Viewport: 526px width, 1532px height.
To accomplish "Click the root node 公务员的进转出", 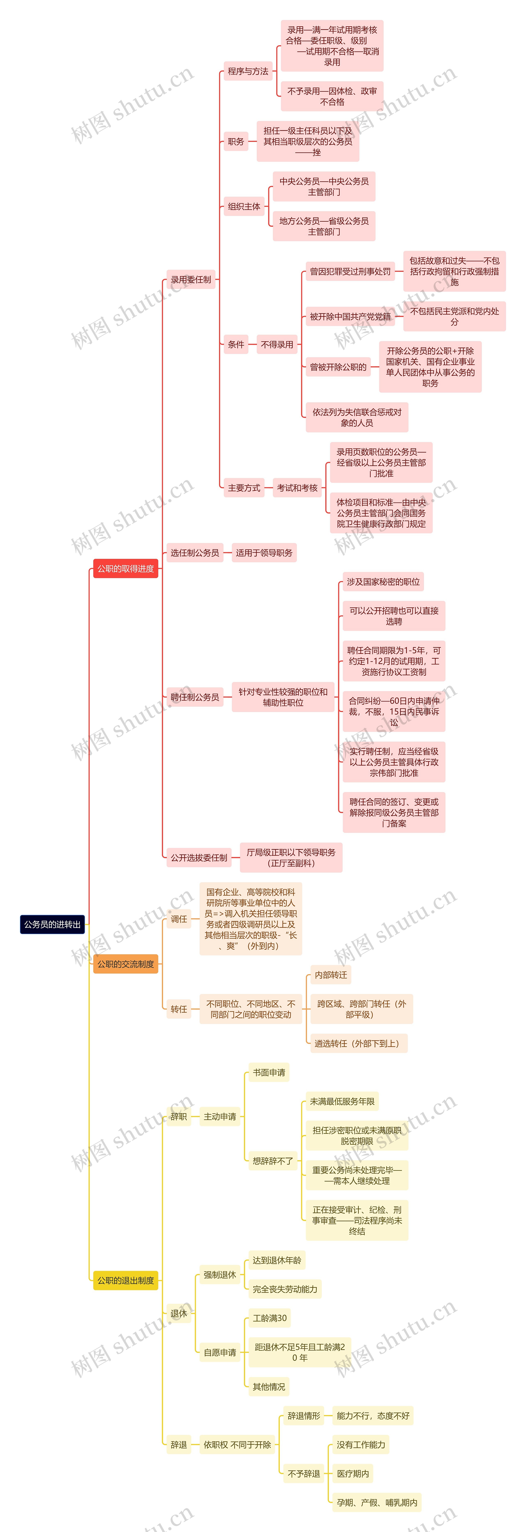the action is tap(52, 924).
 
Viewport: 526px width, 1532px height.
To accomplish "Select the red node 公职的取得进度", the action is tap(125, 569).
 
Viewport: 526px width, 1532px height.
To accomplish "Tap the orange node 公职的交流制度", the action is tap(125, 964).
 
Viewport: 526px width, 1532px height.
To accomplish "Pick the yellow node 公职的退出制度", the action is tap(125, 1280).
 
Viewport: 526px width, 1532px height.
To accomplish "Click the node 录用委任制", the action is tap(191, 279).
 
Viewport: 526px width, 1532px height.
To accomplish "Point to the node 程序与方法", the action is tap(248, 71).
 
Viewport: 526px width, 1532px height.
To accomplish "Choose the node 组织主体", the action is tap(244, 206).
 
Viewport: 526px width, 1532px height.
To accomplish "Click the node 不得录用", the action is tap(277, 344).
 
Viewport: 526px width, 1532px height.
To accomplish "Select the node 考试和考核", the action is tap(297, 488).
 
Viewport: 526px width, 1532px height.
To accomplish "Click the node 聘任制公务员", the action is tap(194, 697).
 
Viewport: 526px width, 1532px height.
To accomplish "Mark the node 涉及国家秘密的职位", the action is tap(383, 582).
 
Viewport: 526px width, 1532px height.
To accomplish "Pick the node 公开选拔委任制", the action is tap(198, 858).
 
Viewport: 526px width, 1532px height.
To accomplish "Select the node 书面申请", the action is tap(269, 1072).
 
